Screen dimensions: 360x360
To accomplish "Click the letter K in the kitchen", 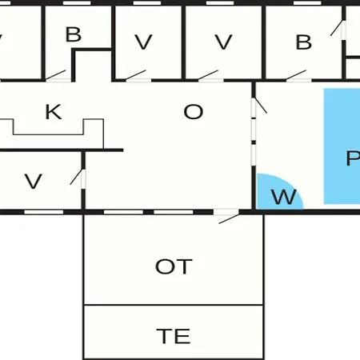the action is (54, 112).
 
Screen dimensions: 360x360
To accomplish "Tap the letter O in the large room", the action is (194, 112).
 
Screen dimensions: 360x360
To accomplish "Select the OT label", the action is (174, 266).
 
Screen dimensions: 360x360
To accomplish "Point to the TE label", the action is (174, 336).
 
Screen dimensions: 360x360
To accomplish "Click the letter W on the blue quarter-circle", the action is (283, 197).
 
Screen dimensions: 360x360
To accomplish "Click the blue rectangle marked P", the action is (342, 146).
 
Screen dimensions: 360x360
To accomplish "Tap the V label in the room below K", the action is (34, 182).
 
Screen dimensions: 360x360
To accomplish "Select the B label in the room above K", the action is (74, 34).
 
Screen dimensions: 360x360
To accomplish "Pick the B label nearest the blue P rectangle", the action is (304, 42).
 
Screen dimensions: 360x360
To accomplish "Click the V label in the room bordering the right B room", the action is (223, 42).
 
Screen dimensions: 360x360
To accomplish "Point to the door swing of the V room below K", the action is (76, 177).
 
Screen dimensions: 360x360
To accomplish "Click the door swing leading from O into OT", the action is (229, 219).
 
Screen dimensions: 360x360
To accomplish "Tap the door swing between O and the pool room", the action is (261, 106).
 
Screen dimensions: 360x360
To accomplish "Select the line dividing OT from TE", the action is (174, 305).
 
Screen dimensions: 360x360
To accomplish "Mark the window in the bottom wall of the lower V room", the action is (44, 212).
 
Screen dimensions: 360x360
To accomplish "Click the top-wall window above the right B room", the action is (307, 3).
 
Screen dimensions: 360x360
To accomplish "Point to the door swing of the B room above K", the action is (55, 75).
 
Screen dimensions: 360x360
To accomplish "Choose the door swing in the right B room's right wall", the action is (337, 28).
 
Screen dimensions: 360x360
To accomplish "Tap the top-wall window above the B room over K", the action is (77, 3).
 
